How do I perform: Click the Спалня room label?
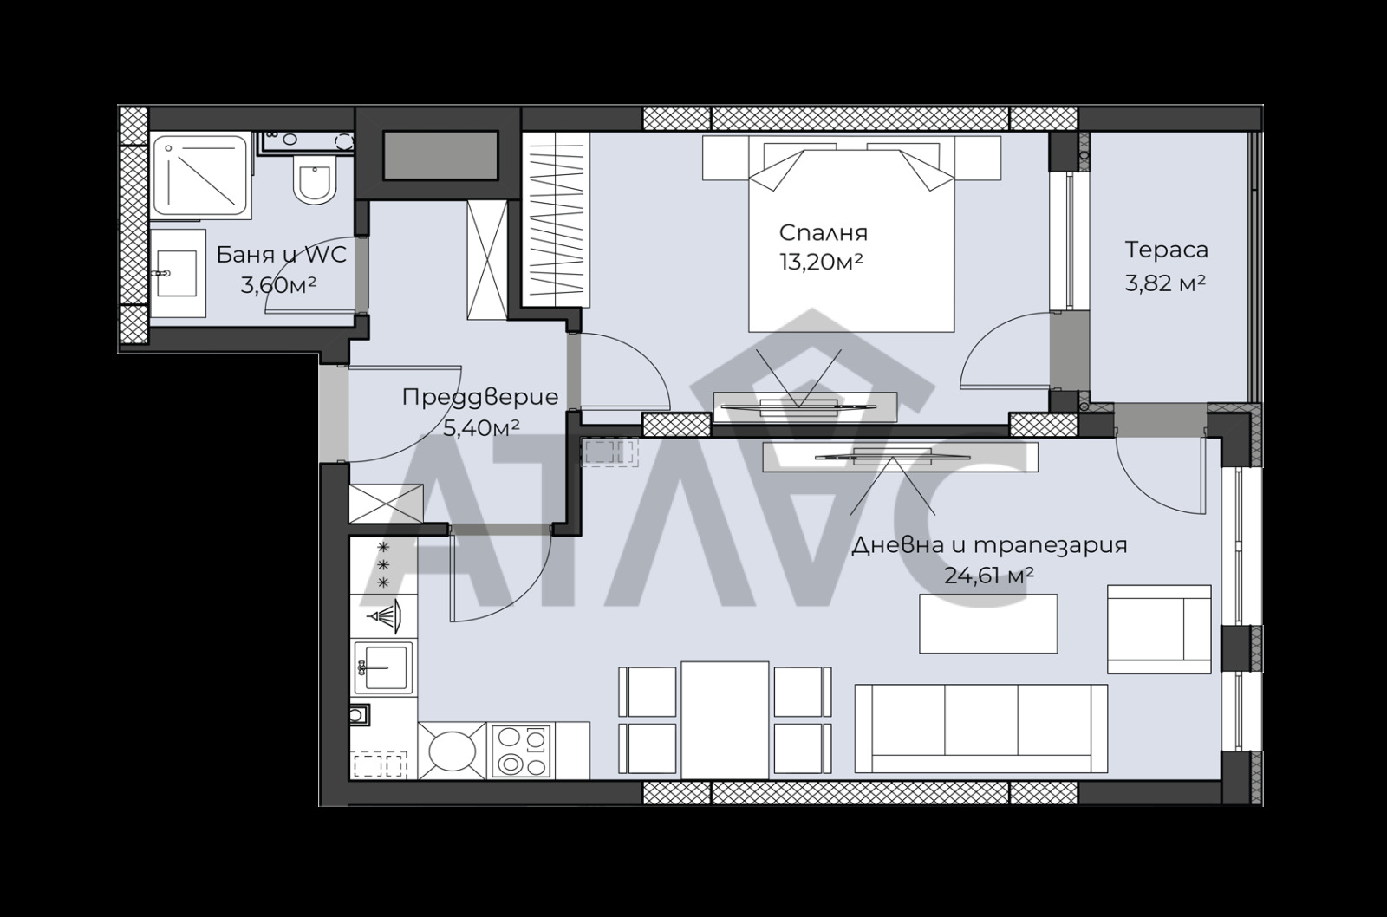[x=823, y=233]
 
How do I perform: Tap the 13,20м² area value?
[x=821, y=263]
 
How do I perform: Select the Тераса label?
[x=1166, y=250]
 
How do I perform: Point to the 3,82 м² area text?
[x=1165, y=283]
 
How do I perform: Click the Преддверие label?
[x=480, y=398]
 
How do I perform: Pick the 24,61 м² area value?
[x=988, y=576]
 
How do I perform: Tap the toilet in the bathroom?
[x=315, y=178]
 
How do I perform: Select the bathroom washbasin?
[x=177, y=273]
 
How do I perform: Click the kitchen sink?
[x=382, y=667]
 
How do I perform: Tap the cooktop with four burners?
[x=521, y=750]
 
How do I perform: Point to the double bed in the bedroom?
[x=851, y=234]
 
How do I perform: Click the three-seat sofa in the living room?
[x=980, y=728]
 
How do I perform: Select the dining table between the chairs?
[x=725, y=720]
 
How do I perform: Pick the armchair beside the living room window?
[x=1159, y=629]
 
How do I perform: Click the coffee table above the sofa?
[x=988, y=623]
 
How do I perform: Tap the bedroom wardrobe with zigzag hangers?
[x=556, y=219]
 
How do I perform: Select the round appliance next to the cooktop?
[x=453, y=751]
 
